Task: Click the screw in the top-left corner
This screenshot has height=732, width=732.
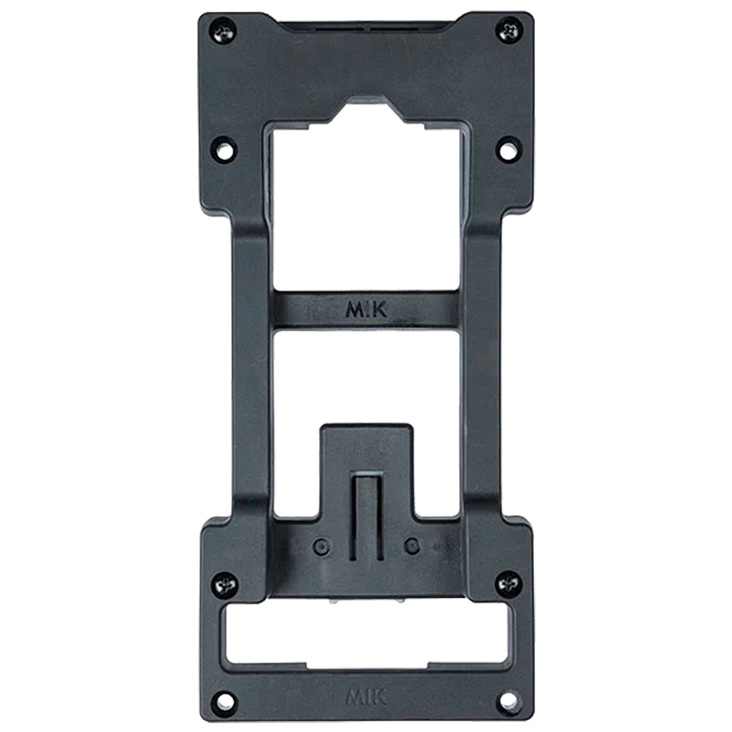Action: tap(223, 31)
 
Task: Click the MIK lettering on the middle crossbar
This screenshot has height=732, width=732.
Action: tap(366, 310)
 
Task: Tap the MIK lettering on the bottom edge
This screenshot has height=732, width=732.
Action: tap(366, 698)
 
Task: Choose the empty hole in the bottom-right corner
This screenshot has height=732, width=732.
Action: tap(509, 701)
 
